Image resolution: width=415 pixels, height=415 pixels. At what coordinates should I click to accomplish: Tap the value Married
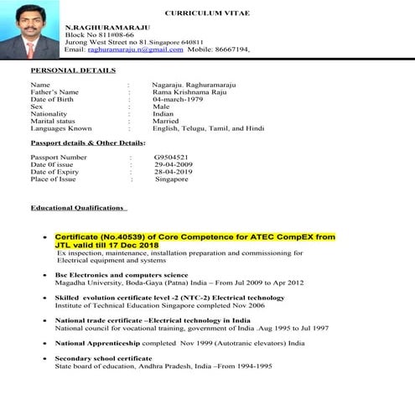[166, 122]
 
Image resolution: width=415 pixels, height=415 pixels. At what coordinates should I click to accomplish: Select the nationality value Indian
[164, 114]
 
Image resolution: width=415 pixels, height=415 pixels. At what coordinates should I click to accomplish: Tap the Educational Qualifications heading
[78, 207]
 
